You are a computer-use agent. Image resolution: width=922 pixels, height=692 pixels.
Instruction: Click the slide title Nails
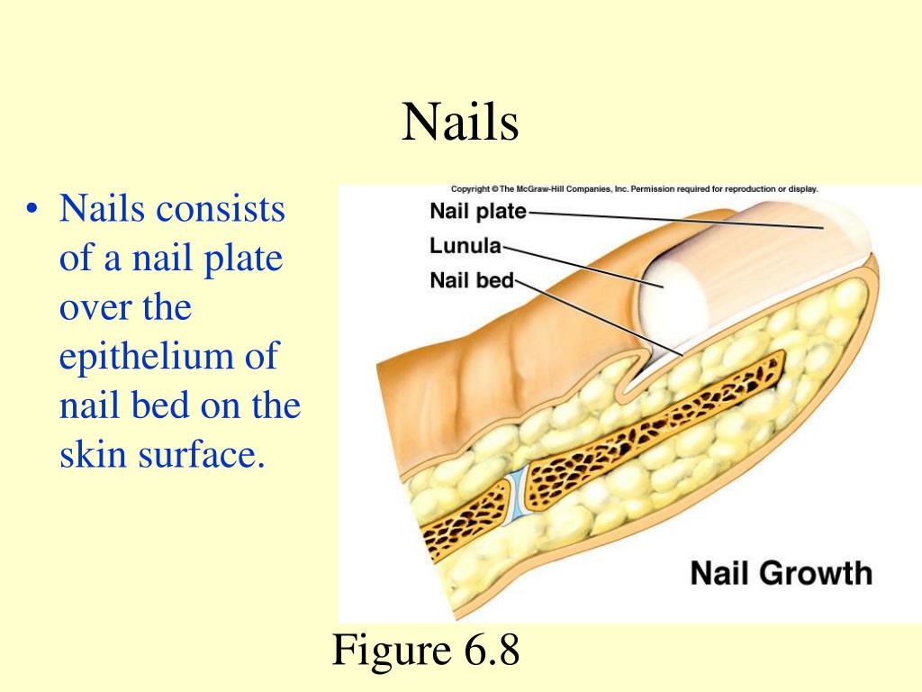460,123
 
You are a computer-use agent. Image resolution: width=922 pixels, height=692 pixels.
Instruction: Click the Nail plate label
478,213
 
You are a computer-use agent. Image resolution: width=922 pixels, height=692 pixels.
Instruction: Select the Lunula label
466,246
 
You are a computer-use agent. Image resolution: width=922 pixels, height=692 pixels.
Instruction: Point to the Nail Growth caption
781,573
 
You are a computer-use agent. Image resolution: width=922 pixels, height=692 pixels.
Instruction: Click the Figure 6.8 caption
427,651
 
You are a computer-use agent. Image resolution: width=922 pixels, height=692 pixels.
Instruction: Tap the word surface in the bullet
208,454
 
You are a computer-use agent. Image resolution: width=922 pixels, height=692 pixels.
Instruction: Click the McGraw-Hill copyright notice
634,190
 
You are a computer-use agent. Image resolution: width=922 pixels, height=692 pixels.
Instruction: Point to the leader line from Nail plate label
675,220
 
